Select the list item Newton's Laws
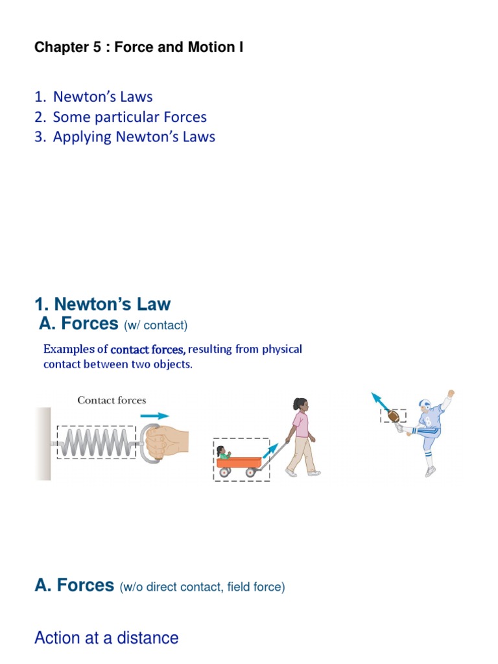pyautogui.click(x=102, y=97)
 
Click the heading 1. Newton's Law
pyautogui.click(x=102, y=304)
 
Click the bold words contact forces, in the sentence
pyautogui.click(x=148, y=350)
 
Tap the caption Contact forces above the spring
pyautogui.click(x=112, y=401)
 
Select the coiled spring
pyautogui.click(x=96, y=443)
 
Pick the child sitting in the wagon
pyautogui.click(x=224, y=453)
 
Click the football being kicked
pyautogui.click(x=393, y=416)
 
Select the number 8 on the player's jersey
pyautogui.click(x=428, y=421)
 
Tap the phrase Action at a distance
pyautogui.click(x=106, y=638)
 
